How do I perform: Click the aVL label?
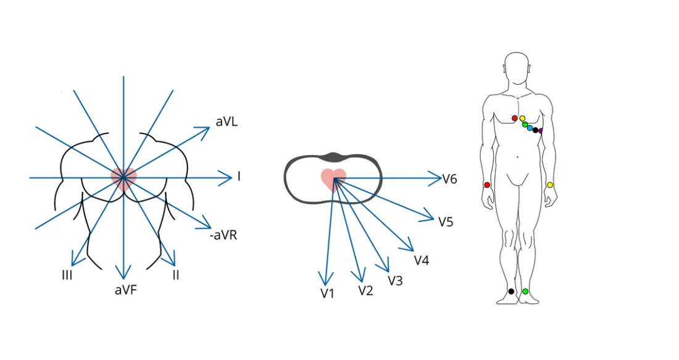[227, 122]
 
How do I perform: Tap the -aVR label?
[223, 235]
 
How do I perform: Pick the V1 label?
[327, 293]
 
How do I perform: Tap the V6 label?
[449, 179]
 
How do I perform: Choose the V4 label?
[422, 260]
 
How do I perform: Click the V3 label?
[395, 281]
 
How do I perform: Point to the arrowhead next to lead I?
[227, 178]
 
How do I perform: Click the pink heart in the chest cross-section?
[334, 178]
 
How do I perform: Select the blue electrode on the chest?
[530, 128]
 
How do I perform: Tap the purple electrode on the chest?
[541, 131]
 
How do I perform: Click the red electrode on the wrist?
[487, 185]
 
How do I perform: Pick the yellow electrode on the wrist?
[550, 185]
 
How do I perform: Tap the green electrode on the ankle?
[525, 291]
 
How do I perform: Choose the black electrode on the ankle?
[510, 291]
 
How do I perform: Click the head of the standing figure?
[517, 68]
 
